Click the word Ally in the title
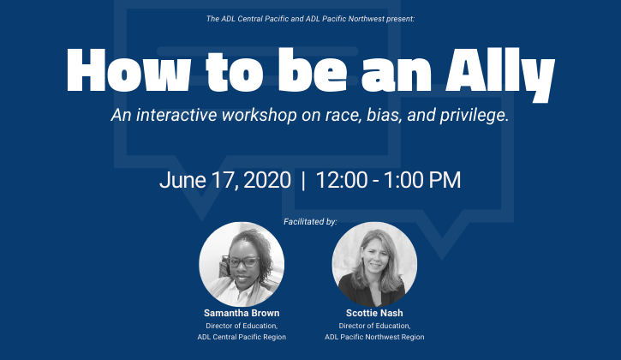coord(500,75)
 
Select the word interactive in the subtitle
coord(176,115)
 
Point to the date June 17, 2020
coord(225,180)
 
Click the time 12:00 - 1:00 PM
coord(388,180)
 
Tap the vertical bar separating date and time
coord(303,180)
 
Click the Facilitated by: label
coord(310,221)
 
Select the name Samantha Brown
coord(242,313)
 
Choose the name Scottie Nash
coord(374,313)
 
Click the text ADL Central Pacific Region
coord(242,337)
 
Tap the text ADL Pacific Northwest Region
coord(374,337)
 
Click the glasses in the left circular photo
coord(242,261)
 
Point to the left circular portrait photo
coord(242,264)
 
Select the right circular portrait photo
coord(374,264)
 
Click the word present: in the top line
coord(400,19)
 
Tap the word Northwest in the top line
coord(367,19)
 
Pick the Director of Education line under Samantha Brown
coord(242,326)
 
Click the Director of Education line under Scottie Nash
coord(374,326)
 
